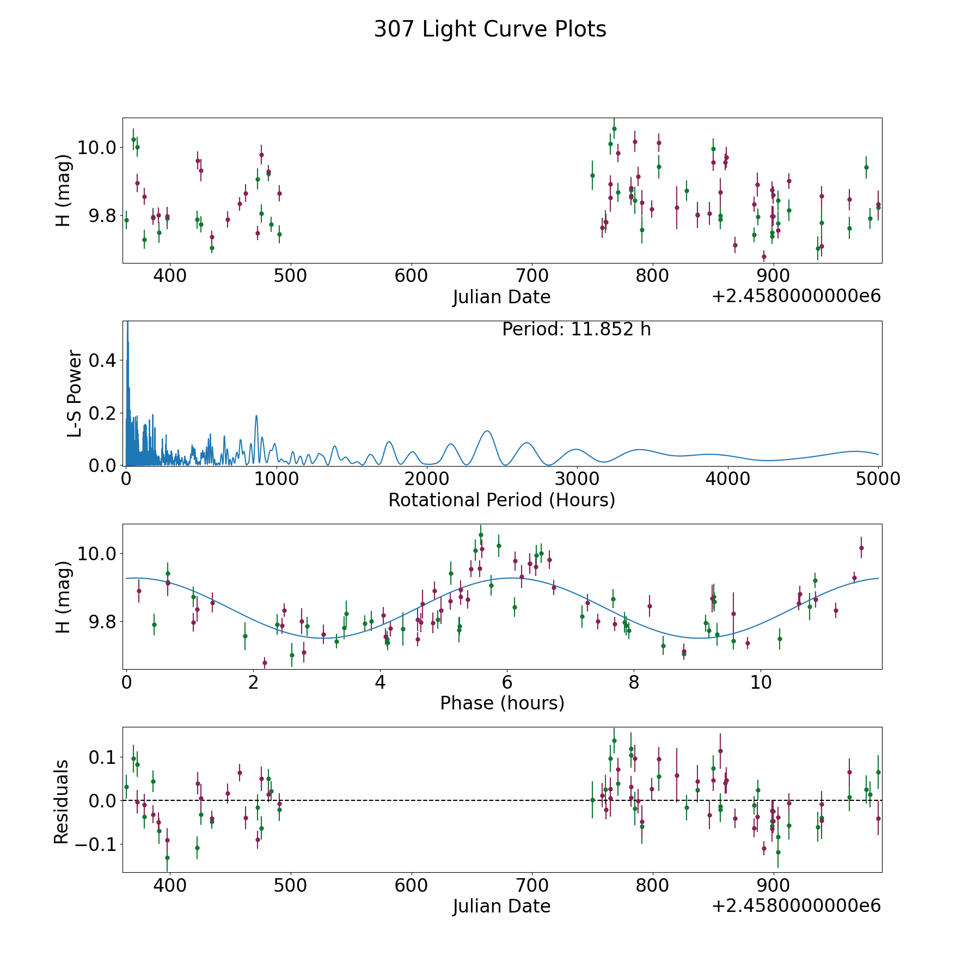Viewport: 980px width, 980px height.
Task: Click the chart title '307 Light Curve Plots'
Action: click(490, 29)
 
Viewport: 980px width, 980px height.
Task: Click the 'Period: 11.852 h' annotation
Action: click(576, 329)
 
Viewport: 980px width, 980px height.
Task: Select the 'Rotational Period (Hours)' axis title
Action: click(501, 500)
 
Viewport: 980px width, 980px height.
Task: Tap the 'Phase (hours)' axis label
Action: click(502, 703)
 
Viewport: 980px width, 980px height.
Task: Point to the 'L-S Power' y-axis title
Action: click(75, 393)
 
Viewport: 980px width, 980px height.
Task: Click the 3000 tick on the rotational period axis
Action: click(577, 480)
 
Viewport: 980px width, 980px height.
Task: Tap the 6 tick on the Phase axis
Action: click(507, 683)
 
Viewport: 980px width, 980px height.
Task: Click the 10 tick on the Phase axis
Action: click(761, 683)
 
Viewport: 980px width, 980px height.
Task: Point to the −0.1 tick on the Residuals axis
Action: click(94, 845)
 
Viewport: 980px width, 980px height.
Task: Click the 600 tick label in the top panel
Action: click(411, 277)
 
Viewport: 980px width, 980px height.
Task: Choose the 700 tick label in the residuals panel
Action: click(531, 886)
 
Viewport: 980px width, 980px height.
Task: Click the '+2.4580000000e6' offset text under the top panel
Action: click(796, 296)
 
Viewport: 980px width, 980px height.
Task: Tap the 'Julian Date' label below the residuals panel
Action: click(501, 906)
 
